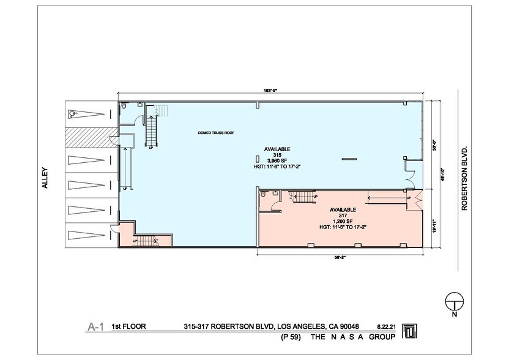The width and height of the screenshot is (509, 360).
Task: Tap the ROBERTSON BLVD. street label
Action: pyautogui.click(x=464, y=178)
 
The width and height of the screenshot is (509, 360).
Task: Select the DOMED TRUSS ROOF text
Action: pyautogui.click(x=216, y=133)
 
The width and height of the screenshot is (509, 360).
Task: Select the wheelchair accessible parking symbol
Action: pyautogui.click(x=73, y=113)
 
